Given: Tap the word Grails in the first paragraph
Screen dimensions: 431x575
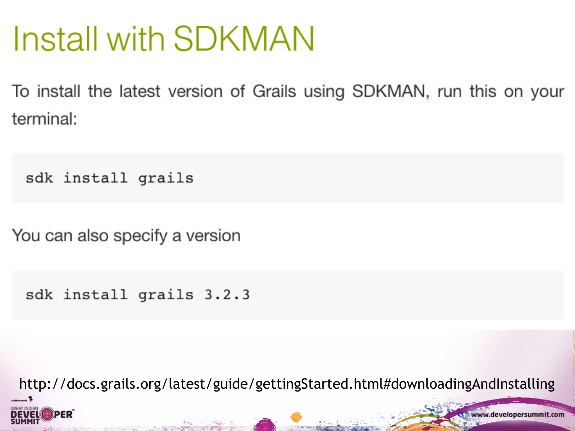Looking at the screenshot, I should click(274, 91).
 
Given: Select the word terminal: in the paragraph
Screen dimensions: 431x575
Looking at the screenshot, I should click(44, 119).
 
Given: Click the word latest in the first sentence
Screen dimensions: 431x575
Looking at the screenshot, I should click(140, 91).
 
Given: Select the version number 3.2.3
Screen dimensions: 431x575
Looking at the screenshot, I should click(227, 295).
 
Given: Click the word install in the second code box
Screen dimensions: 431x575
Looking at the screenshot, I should click(95, 295).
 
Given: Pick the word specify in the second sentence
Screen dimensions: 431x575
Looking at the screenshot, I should click(140, 236).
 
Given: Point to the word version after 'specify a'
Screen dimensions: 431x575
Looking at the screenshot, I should click(213, 236).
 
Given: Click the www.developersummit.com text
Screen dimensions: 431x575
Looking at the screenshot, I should click(517, 414).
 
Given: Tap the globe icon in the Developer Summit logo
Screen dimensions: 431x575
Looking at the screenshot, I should click(47, 414).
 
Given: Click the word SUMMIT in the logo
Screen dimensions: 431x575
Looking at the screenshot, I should click(25, 421).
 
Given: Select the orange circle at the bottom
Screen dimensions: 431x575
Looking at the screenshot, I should click(296, 417).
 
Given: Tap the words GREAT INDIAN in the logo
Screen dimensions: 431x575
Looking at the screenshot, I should click(24, 408).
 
